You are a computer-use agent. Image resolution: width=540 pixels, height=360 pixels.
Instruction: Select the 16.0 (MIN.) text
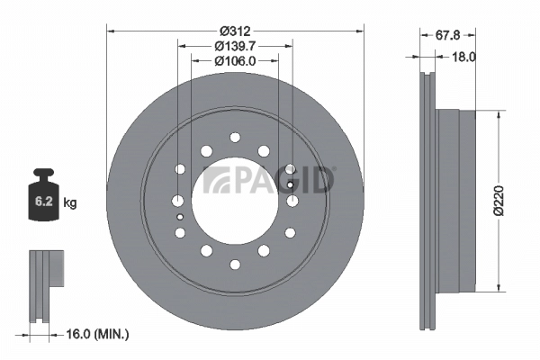(x=99, y=335)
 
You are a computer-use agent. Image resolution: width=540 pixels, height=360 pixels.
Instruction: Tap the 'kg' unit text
(x=70, y=203)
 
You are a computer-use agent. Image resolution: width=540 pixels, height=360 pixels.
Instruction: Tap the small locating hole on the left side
(x=180, y=217)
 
